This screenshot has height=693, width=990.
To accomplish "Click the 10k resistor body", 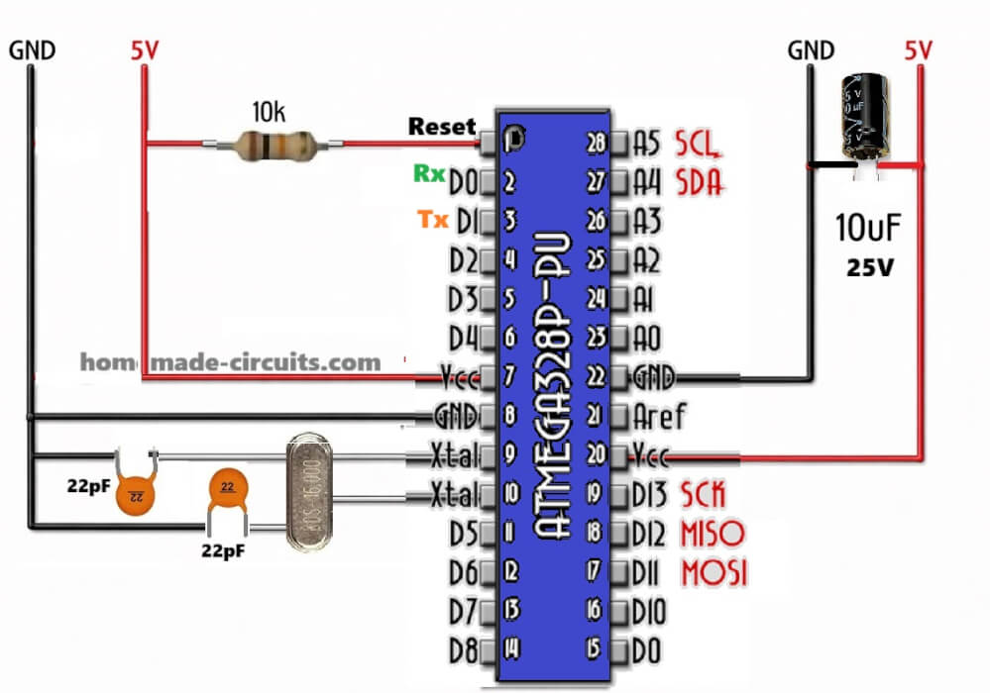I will point(274,147).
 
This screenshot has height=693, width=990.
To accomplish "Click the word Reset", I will point(442,128).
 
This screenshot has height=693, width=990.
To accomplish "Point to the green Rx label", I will point(428,173).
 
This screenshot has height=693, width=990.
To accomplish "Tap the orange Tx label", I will point(432,220).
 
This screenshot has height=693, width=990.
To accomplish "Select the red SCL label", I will point(699,145).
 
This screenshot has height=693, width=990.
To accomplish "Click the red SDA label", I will point(699,182).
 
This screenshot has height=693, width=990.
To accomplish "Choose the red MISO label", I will point(711,534).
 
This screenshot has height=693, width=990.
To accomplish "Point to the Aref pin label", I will point(663,416).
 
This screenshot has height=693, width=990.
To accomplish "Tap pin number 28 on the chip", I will point(596,145).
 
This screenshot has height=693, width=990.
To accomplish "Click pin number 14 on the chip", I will point(510,649).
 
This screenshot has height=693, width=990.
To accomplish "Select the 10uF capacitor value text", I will point(870,230).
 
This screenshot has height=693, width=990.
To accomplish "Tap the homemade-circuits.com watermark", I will point(230,362).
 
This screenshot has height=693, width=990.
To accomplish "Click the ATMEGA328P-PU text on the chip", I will point(552,386).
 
